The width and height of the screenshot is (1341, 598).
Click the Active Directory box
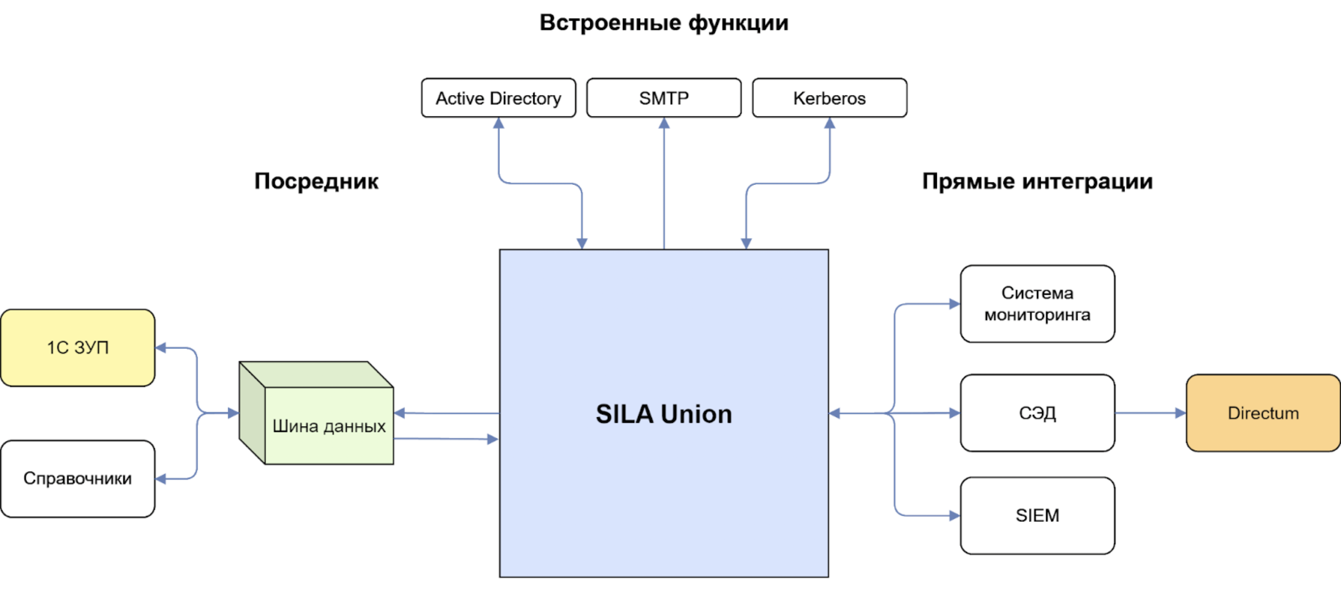pos(498,98)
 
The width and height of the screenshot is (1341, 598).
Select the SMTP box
pos(664,98)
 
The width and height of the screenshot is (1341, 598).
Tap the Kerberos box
pos(829,98)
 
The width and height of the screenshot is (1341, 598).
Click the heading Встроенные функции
pos(664,23)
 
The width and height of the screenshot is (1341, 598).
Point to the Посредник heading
pos(316,181)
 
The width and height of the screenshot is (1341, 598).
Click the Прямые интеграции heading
pos(1037,181)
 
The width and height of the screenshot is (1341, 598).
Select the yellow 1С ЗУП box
pos(78,347)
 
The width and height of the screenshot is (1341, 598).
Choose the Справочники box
pos(78,478)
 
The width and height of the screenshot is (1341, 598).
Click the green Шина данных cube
pos(328,426)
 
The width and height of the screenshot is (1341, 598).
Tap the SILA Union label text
pos(664,414)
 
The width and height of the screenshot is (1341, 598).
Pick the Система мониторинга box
pos(1037,304)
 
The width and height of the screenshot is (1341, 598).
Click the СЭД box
pos(1037,413)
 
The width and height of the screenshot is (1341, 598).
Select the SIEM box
pos(1037,515)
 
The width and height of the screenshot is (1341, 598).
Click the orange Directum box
pos(1263,413)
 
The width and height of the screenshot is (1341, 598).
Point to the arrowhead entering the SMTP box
pos(664,123)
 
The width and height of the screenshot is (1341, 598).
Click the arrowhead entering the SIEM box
pos(954,516)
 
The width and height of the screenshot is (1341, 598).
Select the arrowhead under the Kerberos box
pos(829,123)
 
